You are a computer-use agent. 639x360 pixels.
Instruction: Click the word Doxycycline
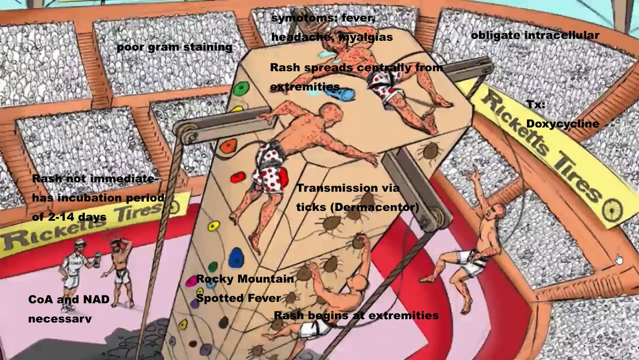click(562, 124)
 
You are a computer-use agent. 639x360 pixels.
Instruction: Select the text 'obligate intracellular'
click(535, 35)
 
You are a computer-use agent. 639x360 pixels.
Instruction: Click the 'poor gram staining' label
click(174, 47)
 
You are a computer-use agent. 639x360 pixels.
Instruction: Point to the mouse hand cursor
click(619, 259)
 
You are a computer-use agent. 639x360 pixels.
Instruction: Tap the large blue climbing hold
click(235, 257)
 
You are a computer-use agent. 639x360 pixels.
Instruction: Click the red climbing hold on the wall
click(238, 178)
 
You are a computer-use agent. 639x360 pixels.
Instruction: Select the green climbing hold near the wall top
click(241, 88)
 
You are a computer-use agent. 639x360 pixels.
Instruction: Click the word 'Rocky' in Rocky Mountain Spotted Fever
click(214, 279)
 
